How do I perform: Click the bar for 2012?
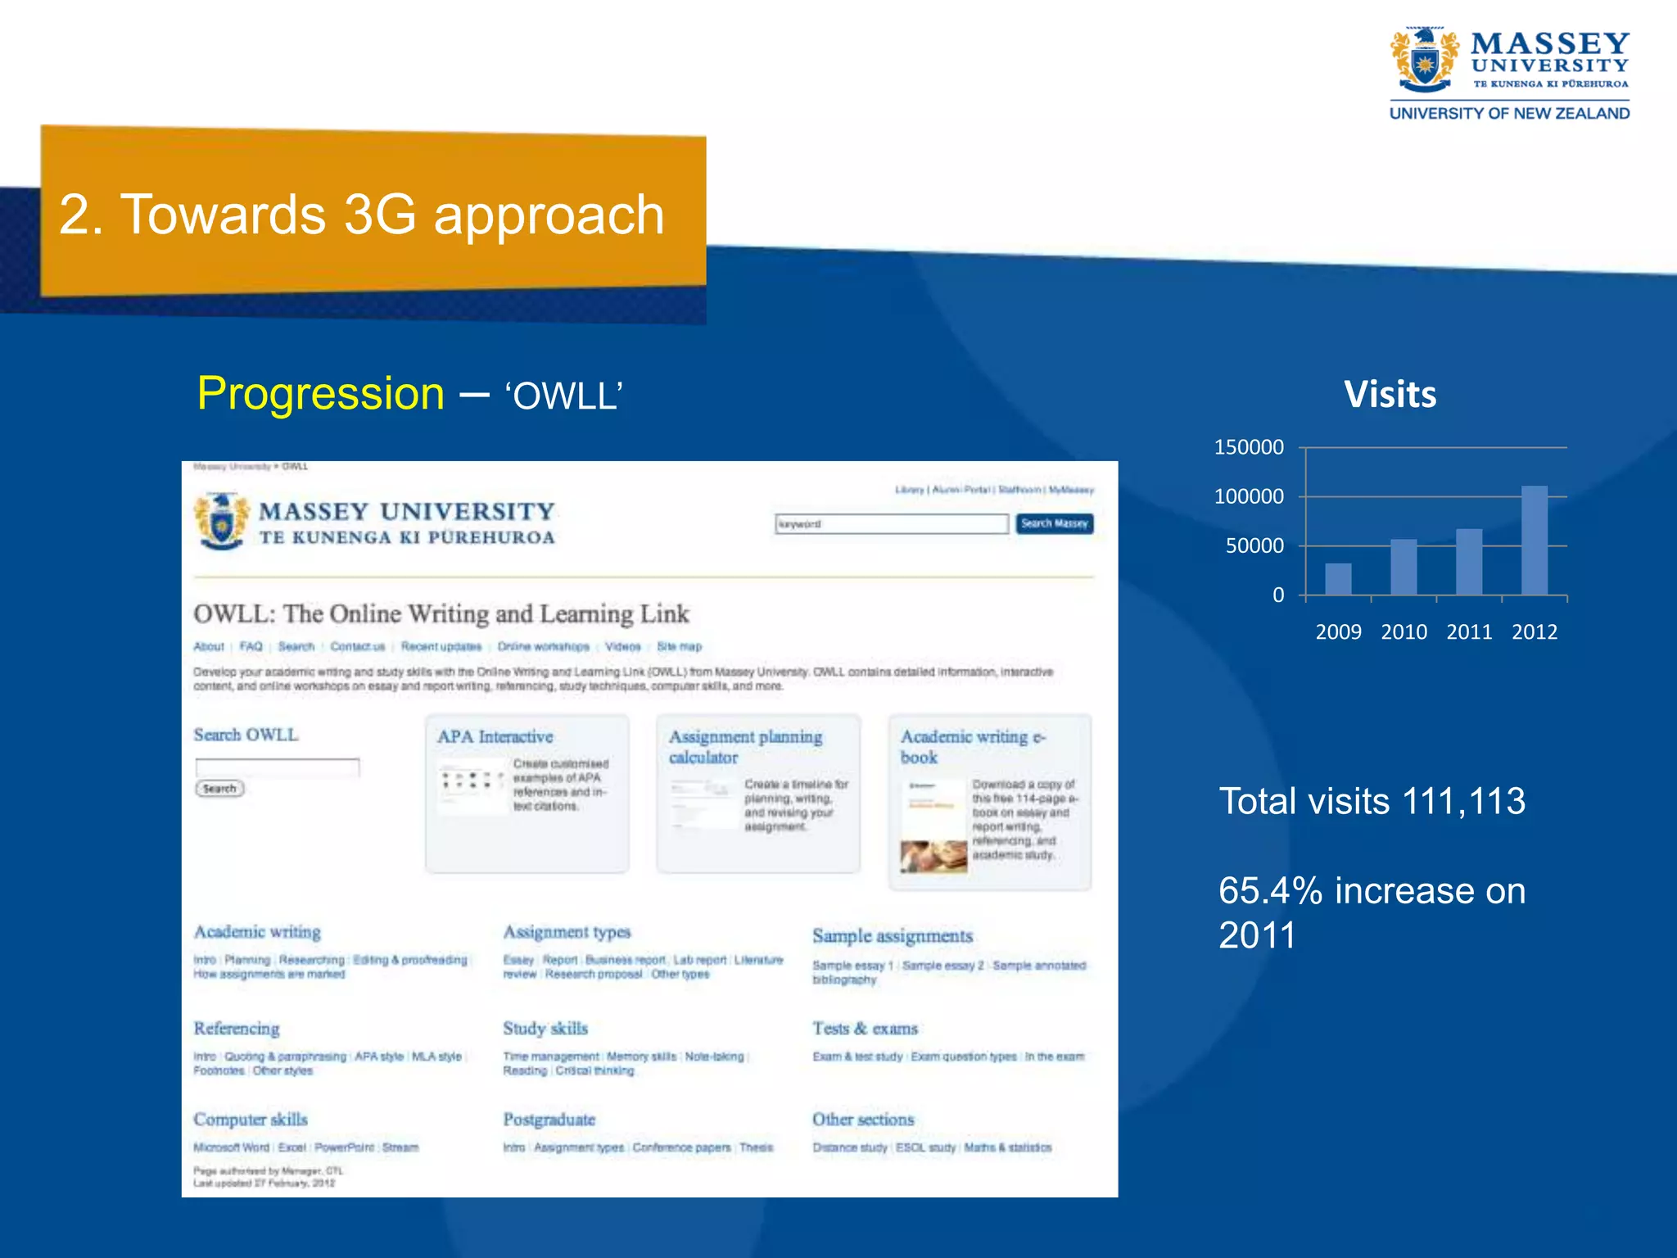pyautogui.click(x=1534, y=541)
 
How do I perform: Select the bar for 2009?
pyautogui.click(x=1338, y=579)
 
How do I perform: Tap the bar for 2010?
pyautogui.click(x=1404, y=567)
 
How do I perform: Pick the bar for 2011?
pyautogui.click(x=1469, y=562)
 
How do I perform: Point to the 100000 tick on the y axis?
pyautogui.click(x=1249, y=496)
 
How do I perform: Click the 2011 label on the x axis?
pyautogui.click(x=1469, y=632)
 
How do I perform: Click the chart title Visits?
pyautogui.click(x=1390, y=395)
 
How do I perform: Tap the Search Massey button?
pyautogui.click(x=1054, y=523)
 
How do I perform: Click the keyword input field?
pyautogui.click(x=891, y=524)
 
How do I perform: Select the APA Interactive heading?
pyautogui.click(x=495, y=736)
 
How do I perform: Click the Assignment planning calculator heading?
pyautogui.click(x=744, y=746)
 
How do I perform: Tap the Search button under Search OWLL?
pyautogui.click(x=219, y=789)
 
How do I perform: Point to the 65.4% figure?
pyautogui.click(x=1270, y=891)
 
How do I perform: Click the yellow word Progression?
pyautogui.click(x=320, y=394)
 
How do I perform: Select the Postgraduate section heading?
pyautogui.click(x=549, y=1120)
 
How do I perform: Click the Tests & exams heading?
pyautogui.click(x=865, y=1029)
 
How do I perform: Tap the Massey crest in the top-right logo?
pyautogui.click(x=1424, y=61)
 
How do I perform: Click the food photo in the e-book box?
pyautogui.click(x=933, y=857)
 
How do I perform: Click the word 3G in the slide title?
pyautogui.click(x=380, y=215)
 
